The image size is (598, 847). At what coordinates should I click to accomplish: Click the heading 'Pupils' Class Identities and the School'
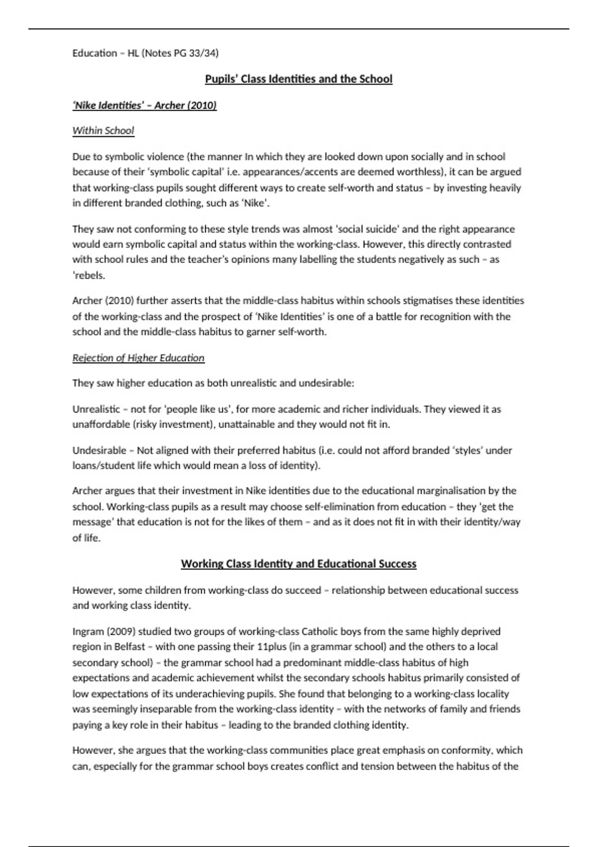point(299,79)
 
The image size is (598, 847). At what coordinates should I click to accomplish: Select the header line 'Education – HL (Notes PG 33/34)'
point(145,53)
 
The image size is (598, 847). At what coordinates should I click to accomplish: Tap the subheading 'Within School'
point(103,131)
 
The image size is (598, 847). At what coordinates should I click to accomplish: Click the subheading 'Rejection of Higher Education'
point(138,358)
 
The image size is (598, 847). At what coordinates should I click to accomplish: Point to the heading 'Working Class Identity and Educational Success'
point(299,564)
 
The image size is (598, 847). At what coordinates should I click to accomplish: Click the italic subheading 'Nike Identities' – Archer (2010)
point(145,105)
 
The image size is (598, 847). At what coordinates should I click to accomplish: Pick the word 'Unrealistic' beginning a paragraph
point(96,410)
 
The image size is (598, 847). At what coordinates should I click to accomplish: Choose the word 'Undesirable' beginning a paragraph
point(98,450)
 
